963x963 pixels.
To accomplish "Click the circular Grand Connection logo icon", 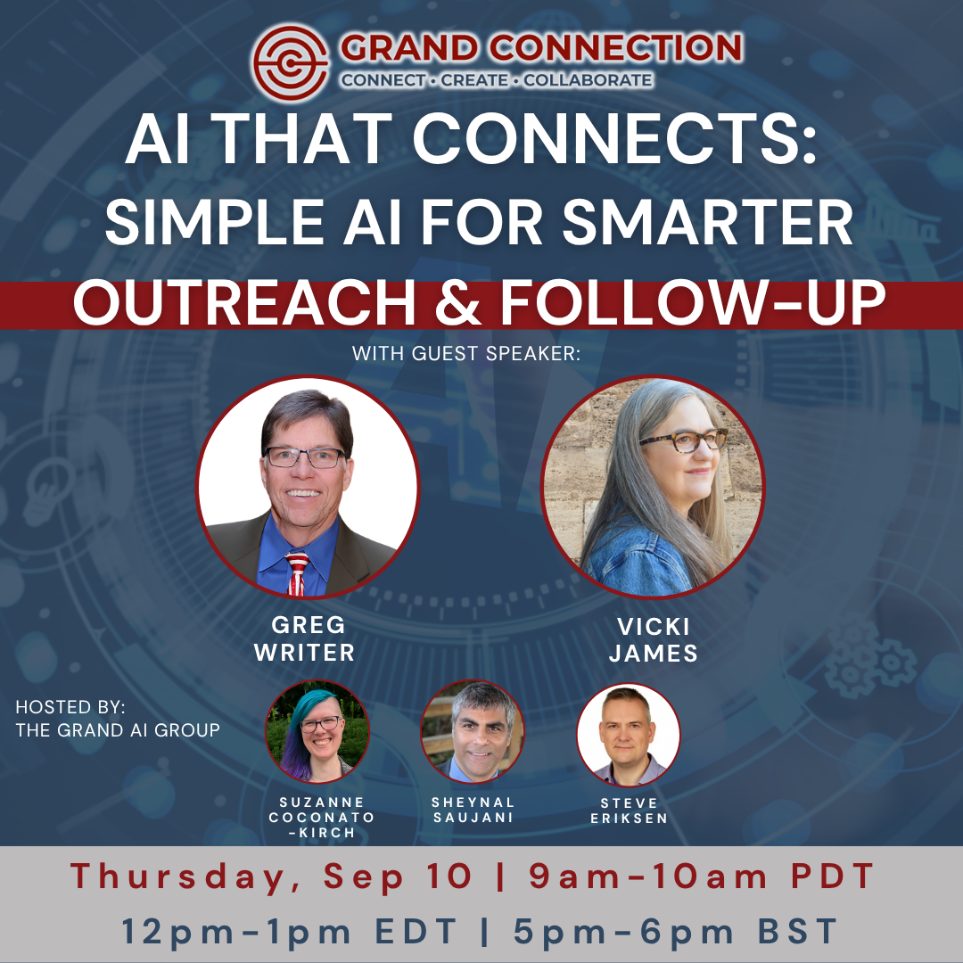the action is point(291,62).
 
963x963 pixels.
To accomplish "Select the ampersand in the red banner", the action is point(457,302).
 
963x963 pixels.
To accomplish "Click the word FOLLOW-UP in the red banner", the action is point(693,302).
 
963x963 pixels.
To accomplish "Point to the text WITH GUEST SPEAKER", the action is point(466,353).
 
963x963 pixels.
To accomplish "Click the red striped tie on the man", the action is point(297,573).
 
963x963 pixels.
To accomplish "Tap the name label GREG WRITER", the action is point(305,638).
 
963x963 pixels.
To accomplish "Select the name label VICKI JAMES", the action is point(653,639).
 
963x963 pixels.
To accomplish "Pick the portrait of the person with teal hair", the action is point(317,731).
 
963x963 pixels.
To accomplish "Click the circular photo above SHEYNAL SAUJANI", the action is point(473,731).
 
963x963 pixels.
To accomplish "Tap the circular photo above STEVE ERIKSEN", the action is point(629,735).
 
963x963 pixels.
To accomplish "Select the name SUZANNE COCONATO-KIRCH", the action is point(321,818).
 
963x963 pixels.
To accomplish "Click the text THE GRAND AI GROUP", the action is point(118,729).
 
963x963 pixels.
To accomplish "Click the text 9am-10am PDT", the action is point(702,876).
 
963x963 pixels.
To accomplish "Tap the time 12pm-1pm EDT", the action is point(289,931).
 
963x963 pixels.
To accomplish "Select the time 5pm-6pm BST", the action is point(676,931).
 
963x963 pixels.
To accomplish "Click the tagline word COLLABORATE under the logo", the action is point(588,80).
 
